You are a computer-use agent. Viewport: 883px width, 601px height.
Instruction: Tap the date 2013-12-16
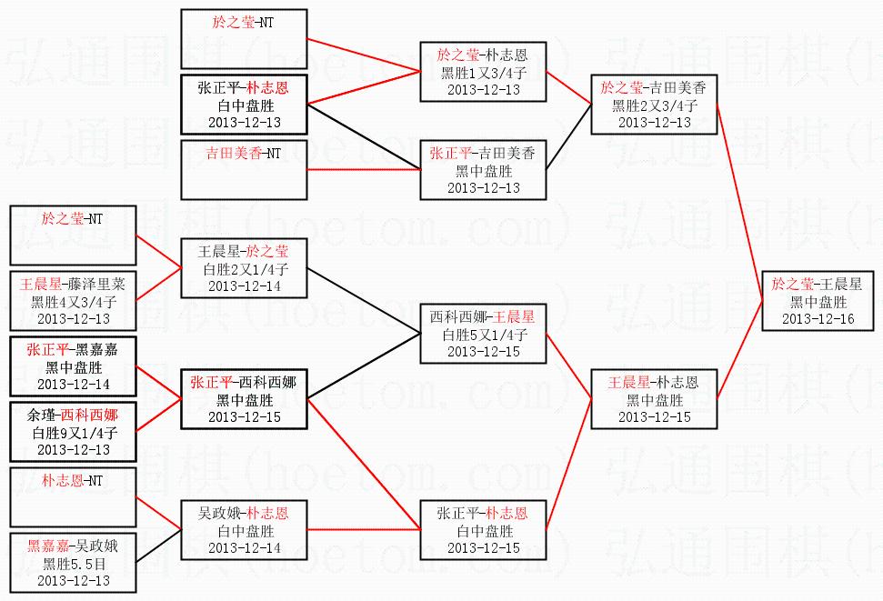pos(818,319)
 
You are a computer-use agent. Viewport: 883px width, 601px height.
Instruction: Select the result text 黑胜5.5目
pos(74,563)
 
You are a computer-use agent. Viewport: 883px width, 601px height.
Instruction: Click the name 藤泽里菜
pos(97,284)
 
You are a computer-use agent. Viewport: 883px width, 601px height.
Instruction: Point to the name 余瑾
pos(41,416)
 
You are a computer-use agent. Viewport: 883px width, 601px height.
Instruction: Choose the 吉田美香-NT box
pos(244,169)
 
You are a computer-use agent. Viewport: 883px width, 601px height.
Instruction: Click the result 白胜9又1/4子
pos(74,433)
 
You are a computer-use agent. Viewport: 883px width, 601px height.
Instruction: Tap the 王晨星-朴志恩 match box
pos(654,399)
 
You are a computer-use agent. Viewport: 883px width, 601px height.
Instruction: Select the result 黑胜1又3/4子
pos(483,72)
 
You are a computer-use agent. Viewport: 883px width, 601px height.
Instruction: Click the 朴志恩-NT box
pos(74,496)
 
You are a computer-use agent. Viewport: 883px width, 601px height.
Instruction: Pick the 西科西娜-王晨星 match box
pos(483,334)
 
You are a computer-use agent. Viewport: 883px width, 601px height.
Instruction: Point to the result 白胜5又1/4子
pos(483,335)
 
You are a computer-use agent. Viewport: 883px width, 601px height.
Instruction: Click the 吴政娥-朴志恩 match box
pos(244,530)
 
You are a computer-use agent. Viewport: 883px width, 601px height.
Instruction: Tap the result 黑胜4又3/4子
pos(74,301)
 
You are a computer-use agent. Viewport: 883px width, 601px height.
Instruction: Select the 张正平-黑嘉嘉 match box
pos(74,366)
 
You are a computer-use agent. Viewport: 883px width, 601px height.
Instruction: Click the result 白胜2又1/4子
pos(245,269)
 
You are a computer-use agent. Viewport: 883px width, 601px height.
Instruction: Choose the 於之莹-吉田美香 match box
pos(654,105)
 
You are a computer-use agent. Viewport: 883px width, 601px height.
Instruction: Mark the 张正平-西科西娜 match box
pos(244,399)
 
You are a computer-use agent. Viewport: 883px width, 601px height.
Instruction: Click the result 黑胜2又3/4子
pos(655,105)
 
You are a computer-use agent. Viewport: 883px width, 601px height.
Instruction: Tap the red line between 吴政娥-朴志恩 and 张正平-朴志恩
pos(364,529)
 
